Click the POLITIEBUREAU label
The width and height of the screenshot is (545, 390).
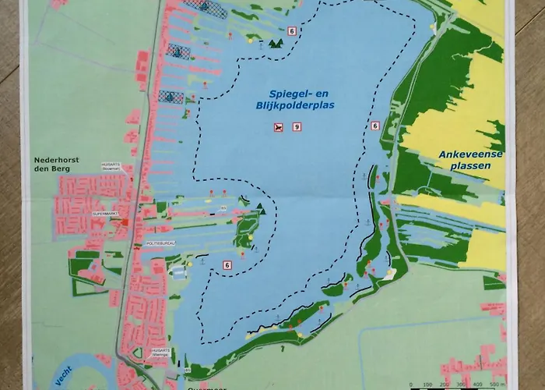click(x=160, y=244)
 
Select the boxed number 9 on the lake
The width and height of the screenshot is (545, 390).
click(x=297, y=126)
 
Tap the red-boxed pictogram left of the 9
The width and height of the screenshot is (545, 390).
click(x=277, y=126)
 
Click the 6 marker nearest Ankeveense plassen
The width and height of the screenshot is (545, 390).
click(x=375, y=126)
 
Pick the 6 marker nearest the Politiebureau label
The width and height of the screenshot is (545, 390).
click(x=227, y=264)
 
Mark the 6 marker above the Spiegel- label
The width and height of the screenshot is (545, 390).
click(x=291, y=31)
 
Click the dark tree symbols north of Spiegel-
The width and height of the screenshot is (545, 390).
click(x=274, y=44)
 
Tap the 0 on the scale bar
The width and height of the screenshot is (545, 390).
click(x=410, y=385)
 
